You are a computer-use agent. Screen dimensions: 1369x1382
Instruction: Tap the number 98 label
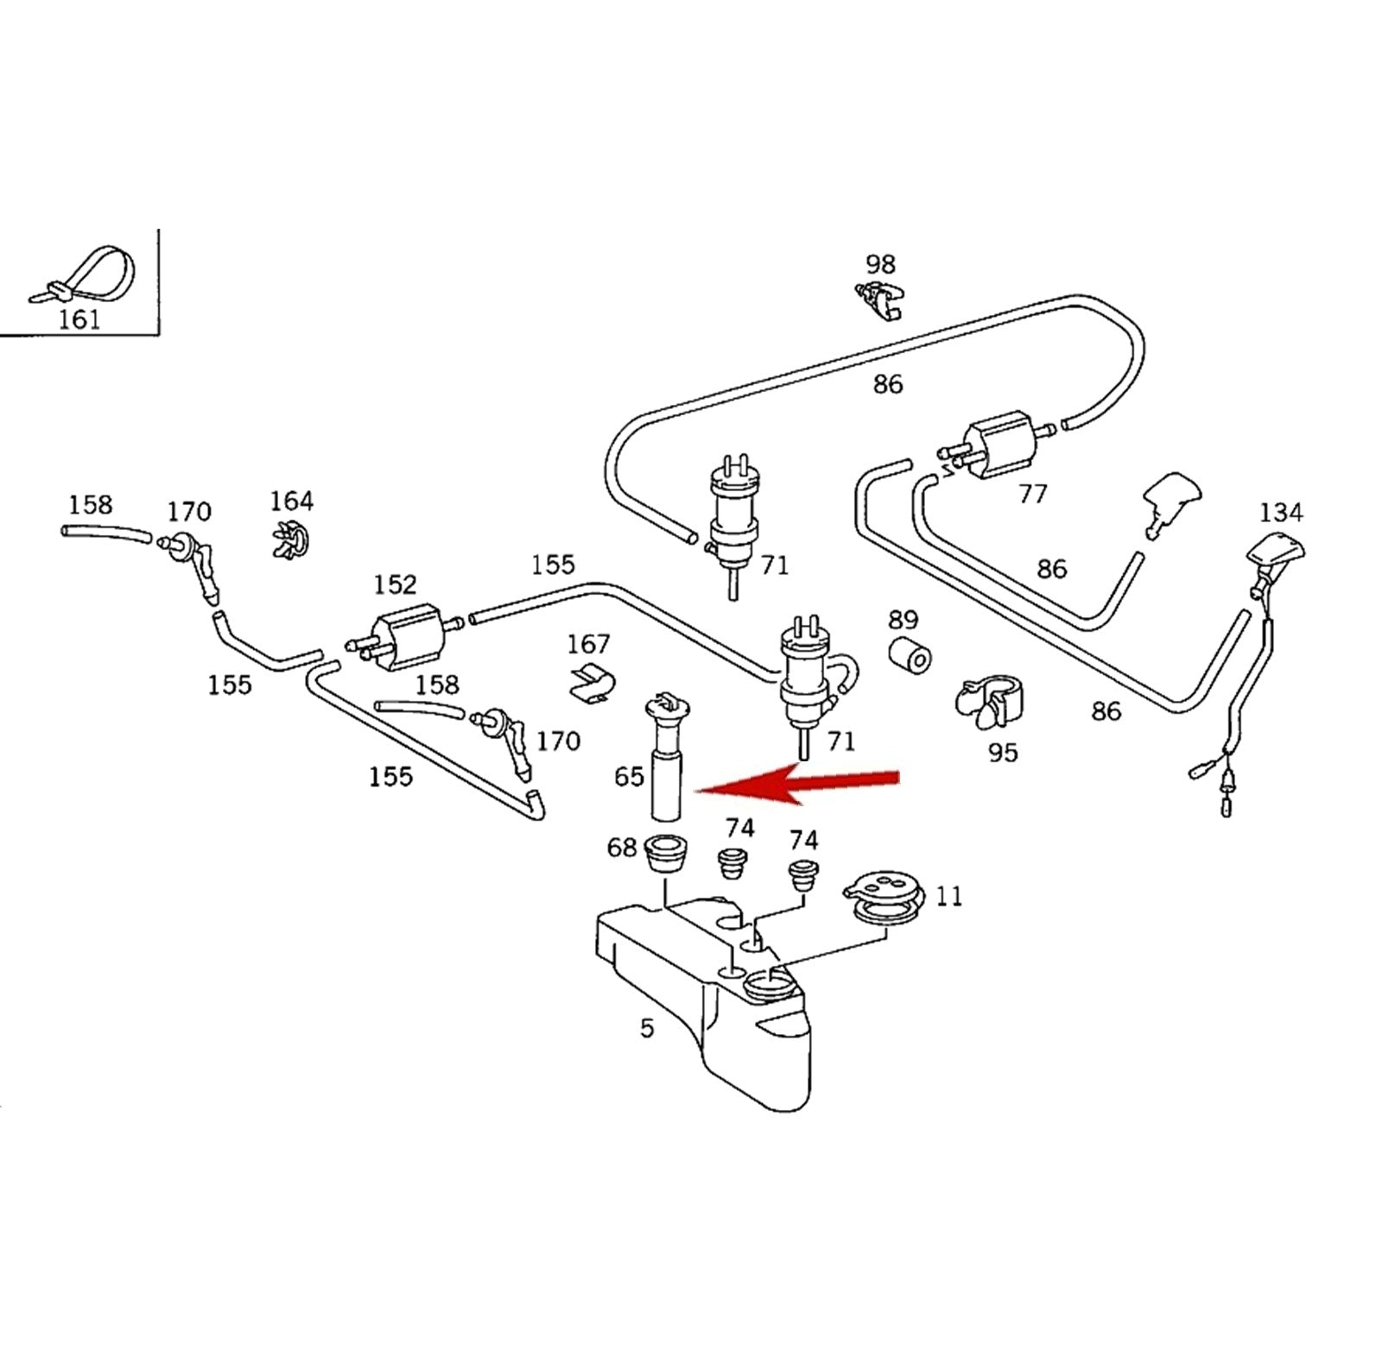[x=881, y=264]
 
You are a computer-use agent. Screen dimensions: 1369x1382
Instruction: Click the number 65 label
[x=629, y=777]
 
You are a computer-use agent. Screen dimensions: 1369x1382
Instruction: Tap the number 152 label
[x=395, y=585]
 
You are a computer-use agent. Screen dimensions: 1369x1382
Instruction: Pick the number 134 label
[x=1280, y=513]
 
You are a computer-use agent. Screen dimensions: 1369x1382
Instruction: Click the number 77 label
[x=1033, y=494]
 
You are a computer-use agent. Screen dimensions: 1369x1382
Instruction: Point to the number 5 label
[x=647, y=1028]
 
